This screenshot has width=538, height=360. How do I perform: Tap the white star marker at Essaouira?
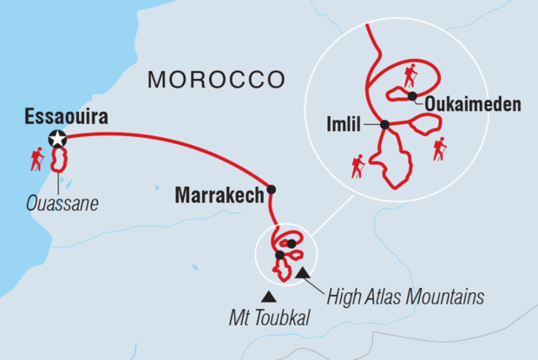point(57,138)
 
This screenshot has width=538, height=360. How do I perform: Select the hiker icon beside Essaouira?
point(36,159)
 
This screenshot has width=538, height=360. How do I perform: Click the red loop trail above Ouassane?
point(62,160)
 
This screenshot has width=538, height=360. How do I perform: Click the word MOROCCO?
point(216,80)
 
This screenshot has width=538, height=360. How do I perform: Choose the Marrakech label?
point(219,195)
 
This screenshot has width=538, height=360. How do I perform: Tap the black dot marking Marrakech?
point(272,189)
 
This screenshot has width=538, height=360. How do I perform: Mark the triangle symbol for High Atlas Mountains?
point(302,275)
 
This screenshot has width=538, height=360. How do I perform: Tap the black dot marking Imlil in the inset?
point(384,125)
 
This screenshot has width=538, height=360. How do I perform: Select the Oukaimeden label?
point(472,105)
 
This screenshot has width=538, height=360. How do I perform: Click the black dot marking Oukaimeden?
point(413,95)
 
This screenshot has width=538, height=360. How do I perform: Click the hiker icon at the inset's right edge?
point(440,149)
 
